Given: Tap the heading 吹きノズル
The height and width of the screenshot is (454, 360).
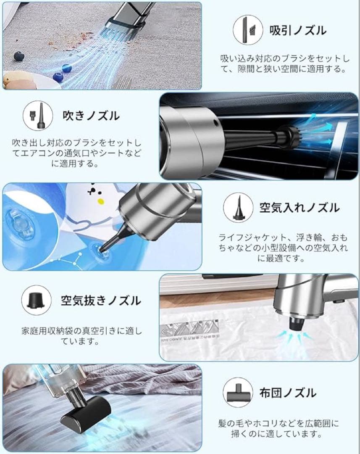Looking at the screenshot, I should pos(91,115).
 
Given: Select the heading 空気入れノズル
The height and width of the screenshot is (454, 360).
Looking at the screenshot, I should pos(299,207).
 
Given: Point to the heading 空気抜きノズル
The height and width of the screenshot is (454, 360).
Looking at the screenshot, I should pos(101,300).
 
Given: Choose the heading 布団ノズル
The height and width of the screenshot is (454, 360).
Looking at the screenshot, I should pos(293,393).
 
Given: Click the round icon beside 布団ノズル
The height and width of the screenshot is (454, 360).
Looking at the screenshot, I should pos(238,393).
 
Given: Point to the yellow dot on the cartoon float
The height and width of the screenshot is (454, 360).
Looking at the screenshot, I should pos(100,201).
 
